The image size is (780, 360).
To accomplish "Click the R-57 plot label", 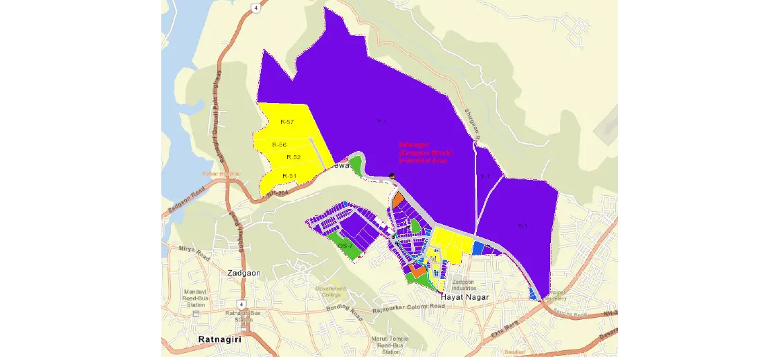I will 287,122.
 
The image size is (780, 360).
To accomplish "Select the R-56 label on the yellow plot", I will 279,145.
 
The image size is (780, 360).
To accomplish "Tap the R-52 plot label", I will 293,157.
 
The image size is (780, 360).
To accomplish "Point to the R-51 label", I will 289,176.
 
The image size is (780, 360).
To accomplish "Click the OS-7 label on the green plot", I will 345,246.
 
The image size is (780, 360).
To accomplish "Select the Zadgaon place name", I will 244,273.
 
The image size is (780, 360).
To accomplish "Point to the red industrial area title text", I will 426,152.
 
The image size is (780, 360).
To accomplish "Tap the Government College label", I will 331,291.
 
